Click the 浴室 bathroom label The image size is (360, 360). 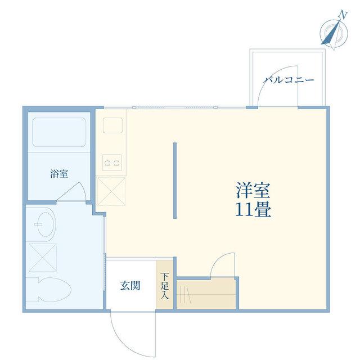[x=59, y=174]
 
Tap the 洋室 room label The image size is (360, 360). [x=253, y=190]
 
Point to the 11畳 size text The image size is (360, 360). [x=253, y=209]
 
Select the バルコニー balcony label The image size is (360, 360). [x=289, y=80]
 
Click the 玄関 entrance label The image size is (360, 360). [x=130, y=286]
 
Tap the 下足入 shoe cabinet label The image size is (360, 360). [x=164, y=286]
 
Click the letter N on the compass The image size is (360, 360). [x=343, y=15]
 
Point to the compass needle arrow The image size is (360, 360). [x=331, y=32]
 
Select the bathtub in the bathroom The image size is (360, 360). [x=59, y=132]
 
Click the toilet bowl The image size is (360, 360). [x=53, y=289]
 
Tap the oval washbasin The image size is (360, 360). [x=46, y=224]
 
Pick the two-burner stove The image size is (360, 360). [x=112, y=163]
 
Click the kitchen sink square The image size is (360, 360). [x=112, y=125]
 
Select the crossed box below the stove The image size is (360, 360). [x=111, y=191]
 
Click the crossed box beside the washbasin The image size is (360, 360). [x=43, y=257]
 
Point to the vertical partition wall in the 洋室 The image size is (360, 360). [x=175, y=181]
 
